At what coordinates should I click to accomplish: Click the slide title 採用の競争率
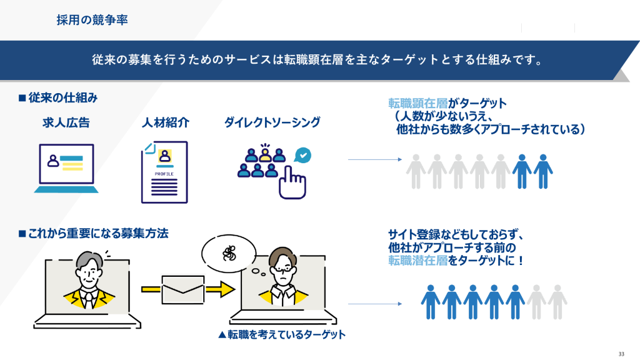click(x=92, y=20)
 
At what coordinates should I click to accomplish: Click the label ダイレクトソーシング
click(x=272, y=122)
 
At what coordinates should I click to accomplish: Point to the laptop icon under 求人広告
click(x=66, y=168)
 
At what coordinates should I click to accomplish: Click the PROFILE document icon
click(x=164, y=172)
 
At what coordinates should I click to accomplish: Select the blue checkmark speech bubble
click(x=303, y=154)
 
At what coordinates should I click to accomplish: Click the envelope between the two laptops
click(x=182, y=289)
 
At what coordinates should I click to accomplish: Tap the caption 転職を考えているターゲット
click(x=282, y=334)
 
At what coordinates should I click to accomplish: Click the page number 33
click(x=621, y=352)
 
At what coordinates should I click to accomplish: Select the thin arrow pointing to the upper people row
click(x=374, y=160)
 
